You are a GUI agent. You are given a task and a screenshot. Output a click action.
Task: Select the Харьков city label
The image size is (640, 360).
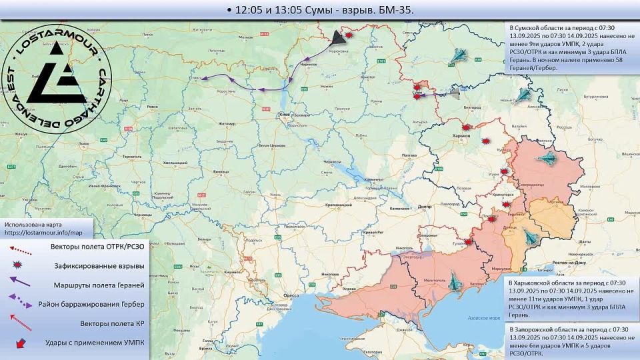coord(461,135)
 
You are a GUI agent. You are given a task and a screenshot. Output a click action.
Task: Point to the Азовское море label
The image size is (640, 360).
coord(484,318)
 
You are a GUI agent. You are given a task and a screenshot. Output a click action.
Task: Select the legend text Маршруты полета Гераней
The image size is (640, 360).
coord(98,285)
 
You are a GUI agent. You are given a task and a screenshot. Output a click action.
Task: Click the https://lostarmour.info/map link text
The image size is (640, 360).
coord(43,233)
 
